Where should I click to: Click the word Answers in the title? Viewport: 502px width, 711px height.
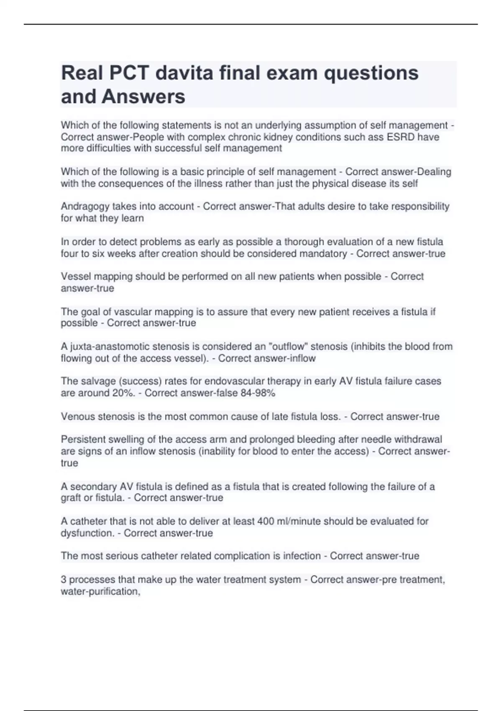pos(143,97)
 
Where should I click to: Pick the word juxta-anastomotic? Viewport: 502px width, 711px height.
pos(109,347)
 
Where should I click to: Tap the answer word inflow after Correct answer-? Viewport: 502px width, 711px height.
pos(302,358)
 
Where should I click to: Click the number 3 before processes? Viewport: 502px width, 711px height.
pos(64,580)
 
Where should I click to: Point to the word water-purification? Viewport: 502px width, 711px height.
pos(100,591)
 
